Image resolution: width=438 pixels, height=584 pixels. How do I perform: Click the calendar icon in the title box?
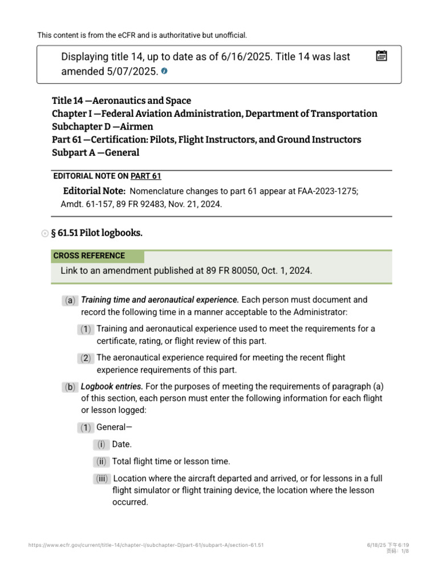coord(382,56)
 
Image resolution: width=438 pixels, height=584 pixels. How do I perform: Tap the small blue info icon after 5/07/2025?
coord(164,71)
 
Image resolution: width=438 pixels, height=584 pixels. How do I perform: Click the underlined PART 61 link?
coord(150,176)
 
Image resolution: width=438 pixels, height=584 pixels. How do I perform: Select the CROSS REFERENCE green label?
coord(89,256)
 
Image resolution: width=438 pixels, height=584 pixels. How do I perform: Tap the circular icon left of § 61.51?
coord(45,234)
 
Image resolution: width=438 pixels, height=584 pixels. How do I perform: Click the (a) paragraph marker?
coord(70,300)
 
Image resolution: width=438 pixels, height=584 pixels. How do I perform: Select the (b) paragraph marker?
coord(70,387)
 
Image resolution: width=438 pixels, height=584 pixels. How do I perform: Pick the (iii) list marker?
coord(102,479)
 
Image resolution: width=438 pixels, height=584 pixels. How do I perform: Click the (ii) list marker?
coord(101,461)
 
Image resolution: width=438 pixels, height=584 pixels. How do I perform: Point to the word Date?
coord(121,444)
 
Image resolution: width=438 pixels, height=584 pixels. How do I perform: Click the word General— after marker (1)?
coord(115,427)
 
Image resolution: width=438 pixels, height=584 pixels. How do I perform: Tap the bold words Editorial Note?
coord(94,191)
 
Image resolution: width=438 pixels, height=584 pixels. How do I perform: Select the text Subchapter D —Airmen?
coord(103,127)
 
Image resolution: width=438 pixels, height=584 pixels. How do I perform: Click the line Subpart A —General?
coord(96,153)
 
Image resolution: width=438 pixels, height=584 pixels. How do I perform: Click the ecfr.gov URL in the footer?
coord(145,545)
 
